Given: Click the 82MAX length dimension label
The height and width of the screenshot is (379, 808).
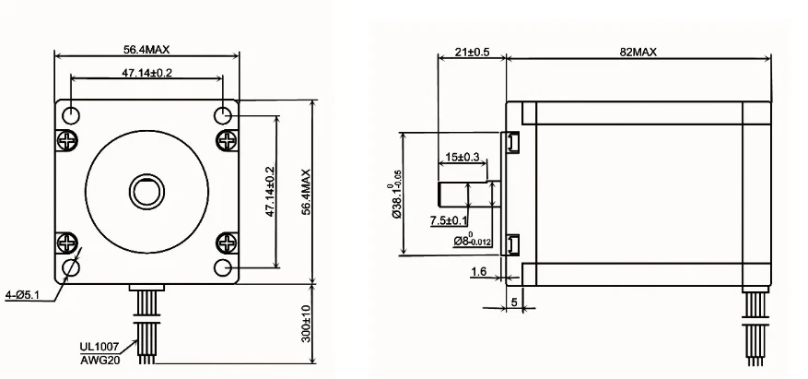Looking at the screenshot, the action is (x=638, y=52).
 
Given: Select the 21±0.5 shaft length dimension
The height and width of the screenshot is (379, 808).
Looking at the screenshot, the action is (x=472, y=52).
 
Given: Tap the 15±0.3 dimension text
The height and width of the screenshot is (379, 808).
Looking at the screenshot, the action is (x=462, y=157).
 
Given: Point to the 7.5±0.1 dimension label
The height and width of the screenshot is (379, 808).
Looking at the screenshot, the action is (x=449, y=220).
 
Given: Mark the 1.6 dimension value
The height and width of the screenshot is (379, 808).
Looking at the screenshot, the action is (x=479, y=271).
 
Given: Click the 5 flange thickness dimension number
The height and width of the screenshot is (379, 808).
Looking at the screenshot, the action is (x=514, y=302).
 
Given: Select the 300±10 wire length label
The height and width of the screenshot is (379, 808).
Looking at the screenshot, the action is (x=306, y=324).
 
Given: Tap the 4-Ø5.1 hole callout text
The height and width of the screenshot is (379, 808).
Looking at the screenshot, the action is (x=22, y=295).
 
